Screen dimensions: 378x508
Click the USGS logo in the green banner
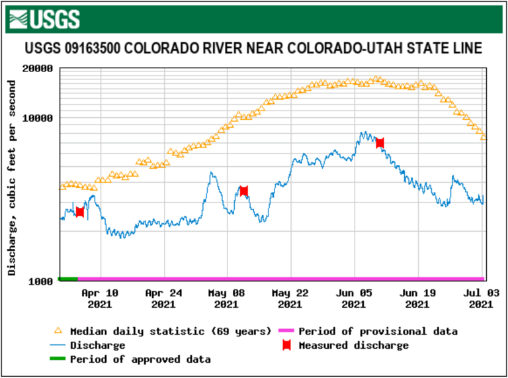point(46,19)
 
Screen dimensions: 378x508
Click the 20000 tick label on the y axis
point(38,68)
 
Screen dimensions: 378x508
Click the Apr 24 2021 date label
point(163,299)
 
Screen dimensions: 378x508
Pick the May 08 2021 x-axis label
point(226,299)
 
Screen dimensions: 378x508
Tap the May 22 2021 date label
point(290,299)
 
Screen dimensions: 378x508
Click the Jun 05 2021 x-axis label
point(353,299)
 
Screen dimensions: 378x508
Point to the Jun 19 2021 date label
point(417,299)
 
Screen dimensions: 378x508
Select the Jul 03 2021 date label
point(480,299)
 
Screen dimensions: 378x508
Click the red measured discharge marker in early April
point(80,212)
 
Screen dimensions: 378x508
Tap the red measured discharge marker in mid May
point(243,191)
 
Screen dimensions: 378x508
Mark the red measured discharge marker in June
point(380,142)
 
